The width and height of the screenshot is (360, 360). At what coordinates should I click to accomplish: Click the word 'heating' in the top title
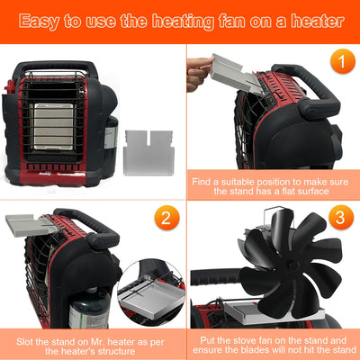[209, 20]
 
